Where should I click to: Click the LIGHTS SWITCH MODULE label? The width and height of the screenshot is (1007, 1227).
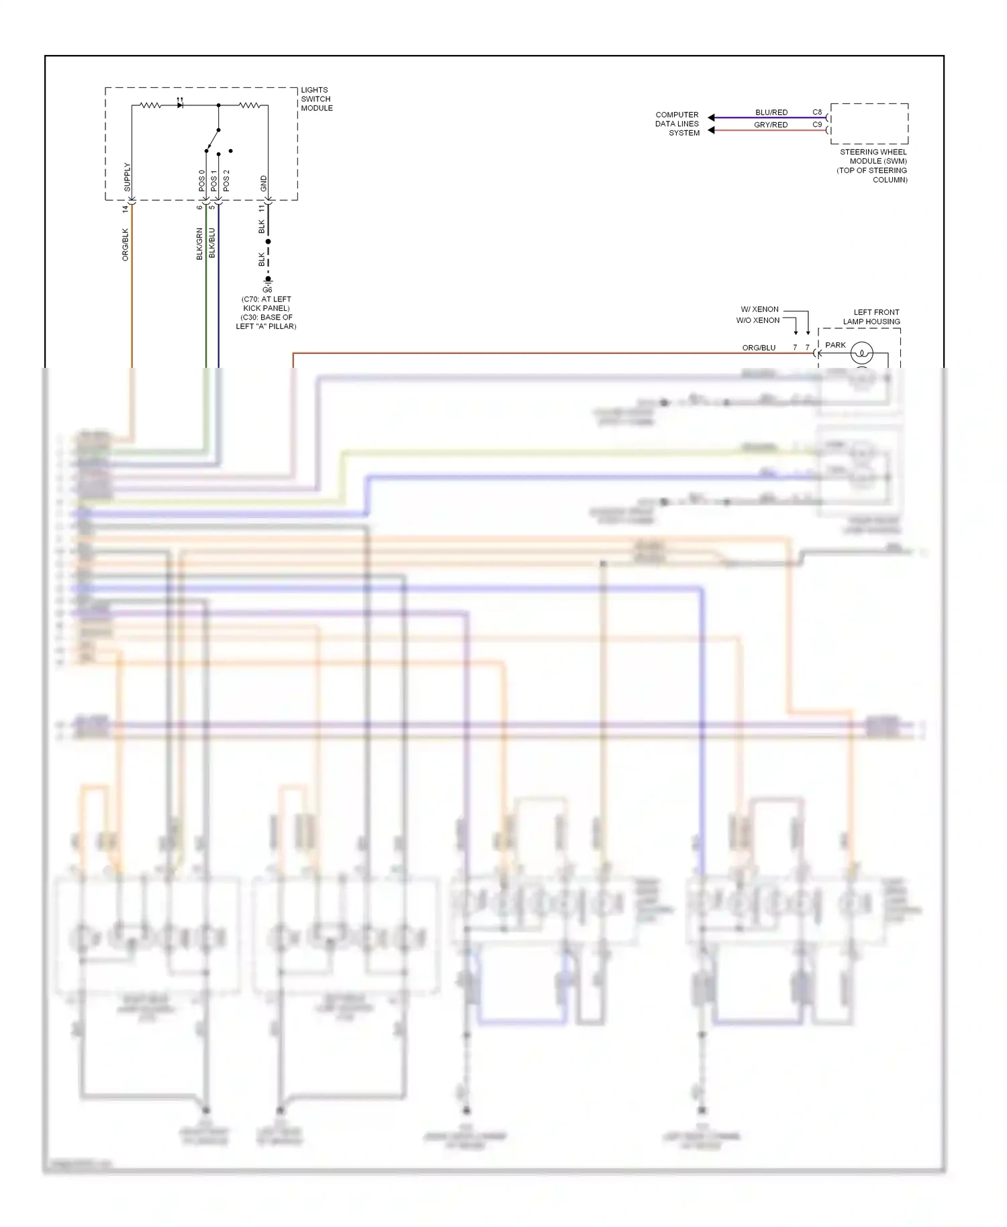tap(316, 99)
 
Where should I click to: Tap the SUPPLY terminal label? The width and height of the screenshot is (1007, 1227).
tap(127, 177)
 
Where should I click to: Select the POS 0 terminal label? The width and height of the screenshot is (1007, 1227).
tap(201, 180)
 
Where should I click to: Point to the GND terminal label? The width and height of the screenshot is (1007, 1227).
tap(263, 183)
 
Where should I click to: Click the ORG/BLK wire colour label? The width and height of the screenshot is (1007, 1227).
tap(125, 244)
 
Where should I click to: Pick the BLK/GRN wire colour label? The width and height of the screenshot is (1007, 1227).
tap(199, 244)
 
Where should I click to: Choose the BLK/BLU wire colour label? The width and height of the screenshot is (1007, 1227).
tap(212, 243)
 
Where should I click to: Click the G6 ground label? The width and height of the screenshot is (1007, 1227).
tap(267, 290)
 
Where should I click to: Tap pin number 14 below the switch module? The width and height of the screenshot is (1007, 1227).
tap(125, 209)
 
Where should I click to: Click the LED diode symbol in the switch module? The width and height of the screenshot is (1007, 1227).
tap(179, 105)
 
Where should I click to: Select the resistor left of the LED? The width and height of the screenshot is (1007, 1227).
tap(149, 105)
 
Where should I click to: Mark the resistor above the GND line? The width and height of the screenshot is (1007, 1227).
tap(250, 105)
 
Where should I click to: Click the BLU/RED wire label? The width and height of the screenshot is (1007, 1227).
tap(771, 112)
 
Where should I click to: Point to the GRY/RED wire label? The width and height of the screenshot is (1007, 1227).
tap(771, 125)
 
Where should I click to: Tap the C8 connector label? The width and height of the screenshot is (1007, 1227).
tap(817, 112)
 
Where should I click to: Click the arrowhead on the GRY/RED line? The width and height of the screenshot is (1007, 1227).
tap(712, 130)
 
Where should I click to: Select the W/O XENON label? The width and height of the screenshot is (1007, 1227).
tap(757, 320)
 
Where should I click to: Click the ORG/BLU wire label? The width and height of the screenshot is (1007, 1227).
tap(759, 348)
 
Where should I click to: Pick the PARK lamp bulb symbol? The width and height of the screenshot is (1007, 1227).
tap(861, 352)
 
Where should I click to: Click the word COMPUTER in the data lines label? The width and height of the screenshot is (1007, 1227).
tap(677, 115)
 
